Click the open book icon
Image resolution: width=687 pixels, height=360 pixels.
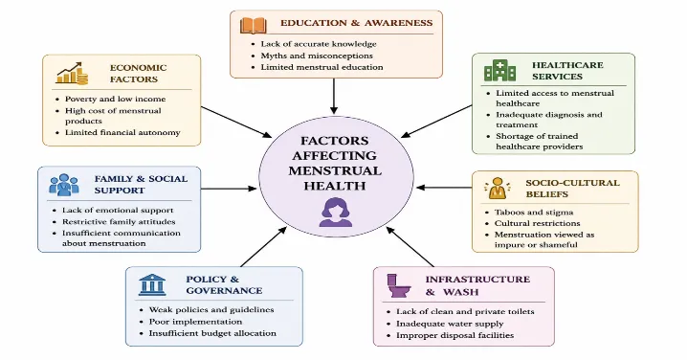(x=254, y=26)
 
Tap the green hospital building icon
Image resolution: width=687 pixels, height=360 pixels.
(x=499, y=70)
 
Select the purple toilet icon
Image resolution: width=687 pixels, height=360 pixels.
(x=399, y=285)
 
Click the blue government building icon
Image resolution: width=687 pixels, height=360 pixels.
(x=152, y=284)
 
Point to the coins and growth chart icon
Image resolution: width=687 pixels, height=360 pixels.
(x=72, y=73)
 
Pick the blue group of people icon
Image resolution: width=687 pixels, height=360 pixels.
(x=64, y=185)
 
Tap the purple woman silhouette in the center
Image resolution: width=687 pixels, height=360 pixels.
(x=336, y=213)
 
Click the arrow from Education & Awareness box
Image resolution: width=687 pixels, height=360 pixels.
(x=334, y=97)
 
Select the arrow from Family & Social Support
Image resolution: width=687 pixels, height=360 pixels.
(x=229, y=189)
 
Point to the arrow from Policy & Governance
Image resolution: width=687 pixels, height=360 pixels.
(x=264, y=246)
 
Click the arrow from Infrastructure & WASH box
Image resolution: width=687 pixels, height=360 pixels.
(x=410, y=246)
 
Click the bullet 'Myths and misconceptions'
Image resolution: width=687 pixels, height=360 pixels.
(x=317, y=56)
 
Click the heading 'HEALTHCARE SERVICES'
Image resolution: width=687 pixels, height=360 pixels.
(x=567, y=71)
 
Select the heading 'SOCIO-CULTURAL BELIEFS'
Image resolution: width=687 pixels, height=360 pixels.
(x=572, y=189)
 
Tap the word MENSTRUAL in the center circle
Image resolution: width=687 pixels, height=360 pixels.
(x=335, y=170)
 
